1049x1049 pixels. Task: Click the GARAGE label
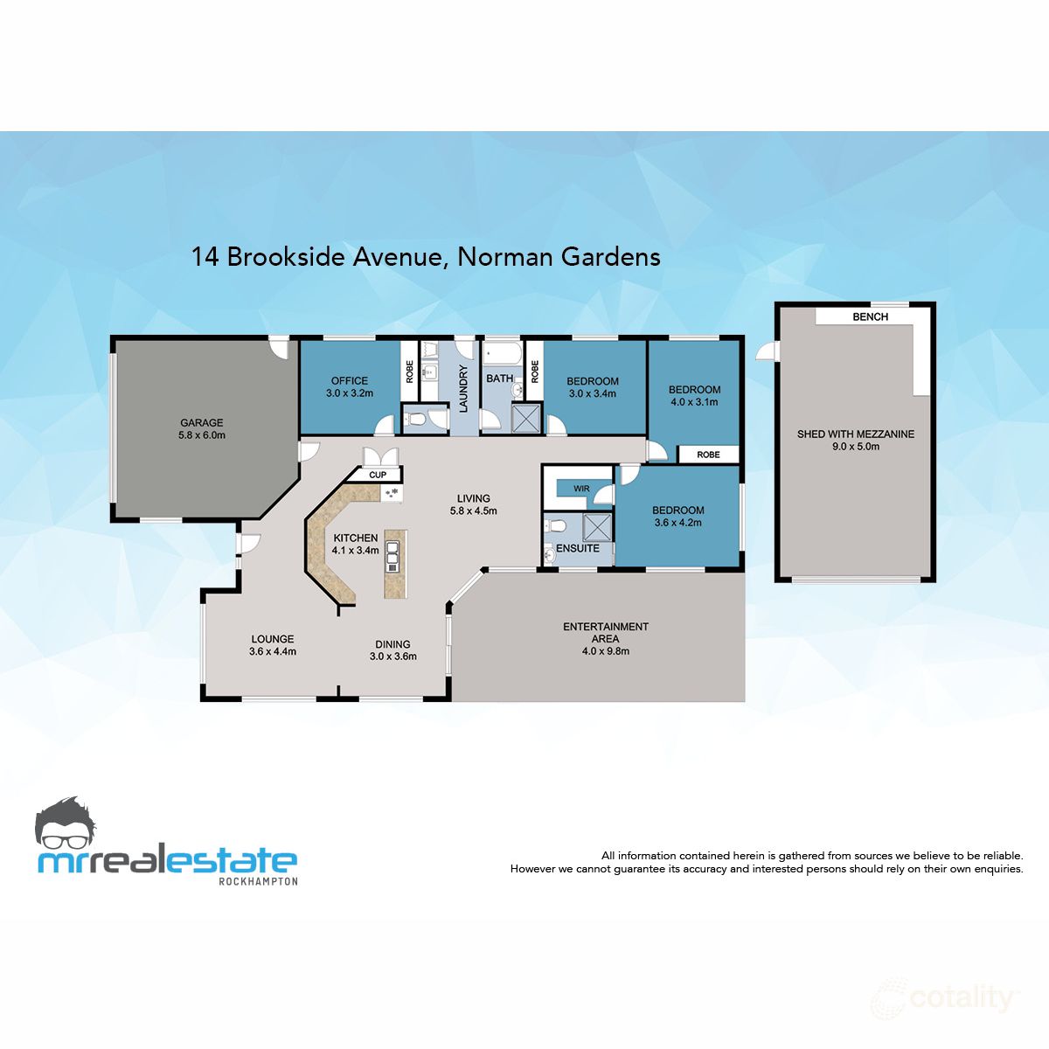click(x=202, y=423)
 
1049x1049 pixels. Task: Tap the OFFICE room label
click(x=349, y=381)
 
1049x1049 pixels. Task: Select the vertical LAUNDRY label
click(x=464, y=388)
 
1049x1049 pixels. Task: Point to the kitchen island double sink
click(x=393, y=556)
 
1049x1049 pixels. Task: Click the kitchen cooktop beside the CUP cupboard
click(x=392, y=494)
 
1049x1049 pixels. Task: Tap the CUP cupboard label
click(x=378, y=475)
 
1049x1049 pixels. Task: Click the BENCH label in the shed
click(x=870, y=317)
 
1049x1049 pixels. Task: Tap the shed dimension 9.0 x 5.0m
click(x=855, y=447)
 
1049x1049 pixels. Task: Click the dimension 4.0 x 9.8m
click(x=605, y=651)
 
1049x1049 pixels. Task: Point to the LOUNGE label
click(x=273, y=639)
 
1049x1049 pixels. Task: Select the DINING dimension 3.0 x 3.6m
click(x=393, y=656)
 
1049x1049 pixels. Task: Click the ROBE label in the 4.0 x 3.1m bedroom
click(x=709, y=455)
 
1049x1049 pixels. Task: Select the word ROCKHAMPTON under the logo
click(x=257, y=881)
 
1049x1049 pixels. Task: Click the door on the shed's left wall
click(x=766, y=351)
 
